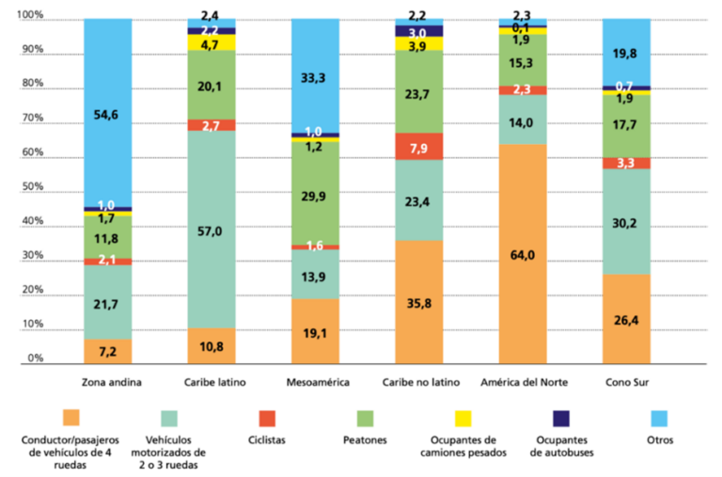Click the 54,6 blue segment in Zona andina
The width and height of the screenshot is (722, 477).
(107, 113)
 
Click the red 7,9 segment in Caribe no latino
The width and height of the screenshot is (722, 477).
(418, 147)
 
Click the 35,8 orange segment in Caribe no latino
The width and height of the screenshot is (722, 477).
(418, 303)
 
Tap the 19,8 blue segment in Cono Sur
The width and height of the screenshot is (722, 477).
(625, 53)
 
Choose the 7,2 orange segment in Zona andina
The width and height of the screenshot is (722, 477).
(107, 352)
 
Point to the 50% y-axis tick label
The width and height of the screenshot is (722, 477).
(32, 187)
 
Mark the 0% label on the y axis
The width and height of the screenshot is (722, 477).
(35, 358)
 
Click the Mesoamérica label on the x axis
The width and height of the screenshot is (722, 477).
(315, 383)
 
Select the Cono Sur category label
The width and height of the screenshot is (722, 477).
(625, 383)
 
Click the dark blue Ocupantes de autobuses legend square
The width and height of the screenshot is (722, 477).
(561, 415)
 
